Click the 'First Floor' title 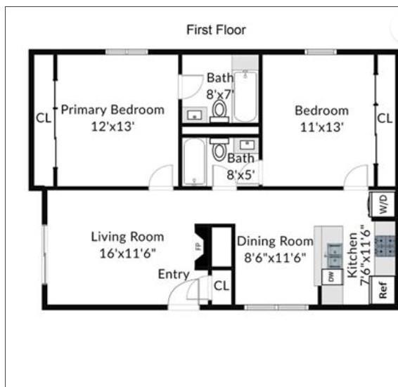(216, 29)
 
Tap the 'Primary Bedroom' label (113, 110)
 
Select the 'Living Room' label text (127, 237)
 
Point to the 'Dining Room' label (274, 241)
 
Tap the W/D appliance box (384, 206)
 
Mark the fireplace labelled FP (199, 247)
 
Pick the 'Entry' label (173, 274)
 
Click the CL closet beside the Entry (222, 286)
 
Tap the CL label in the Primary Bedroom (44, 119)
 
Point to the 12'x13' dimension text (112, 126)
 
